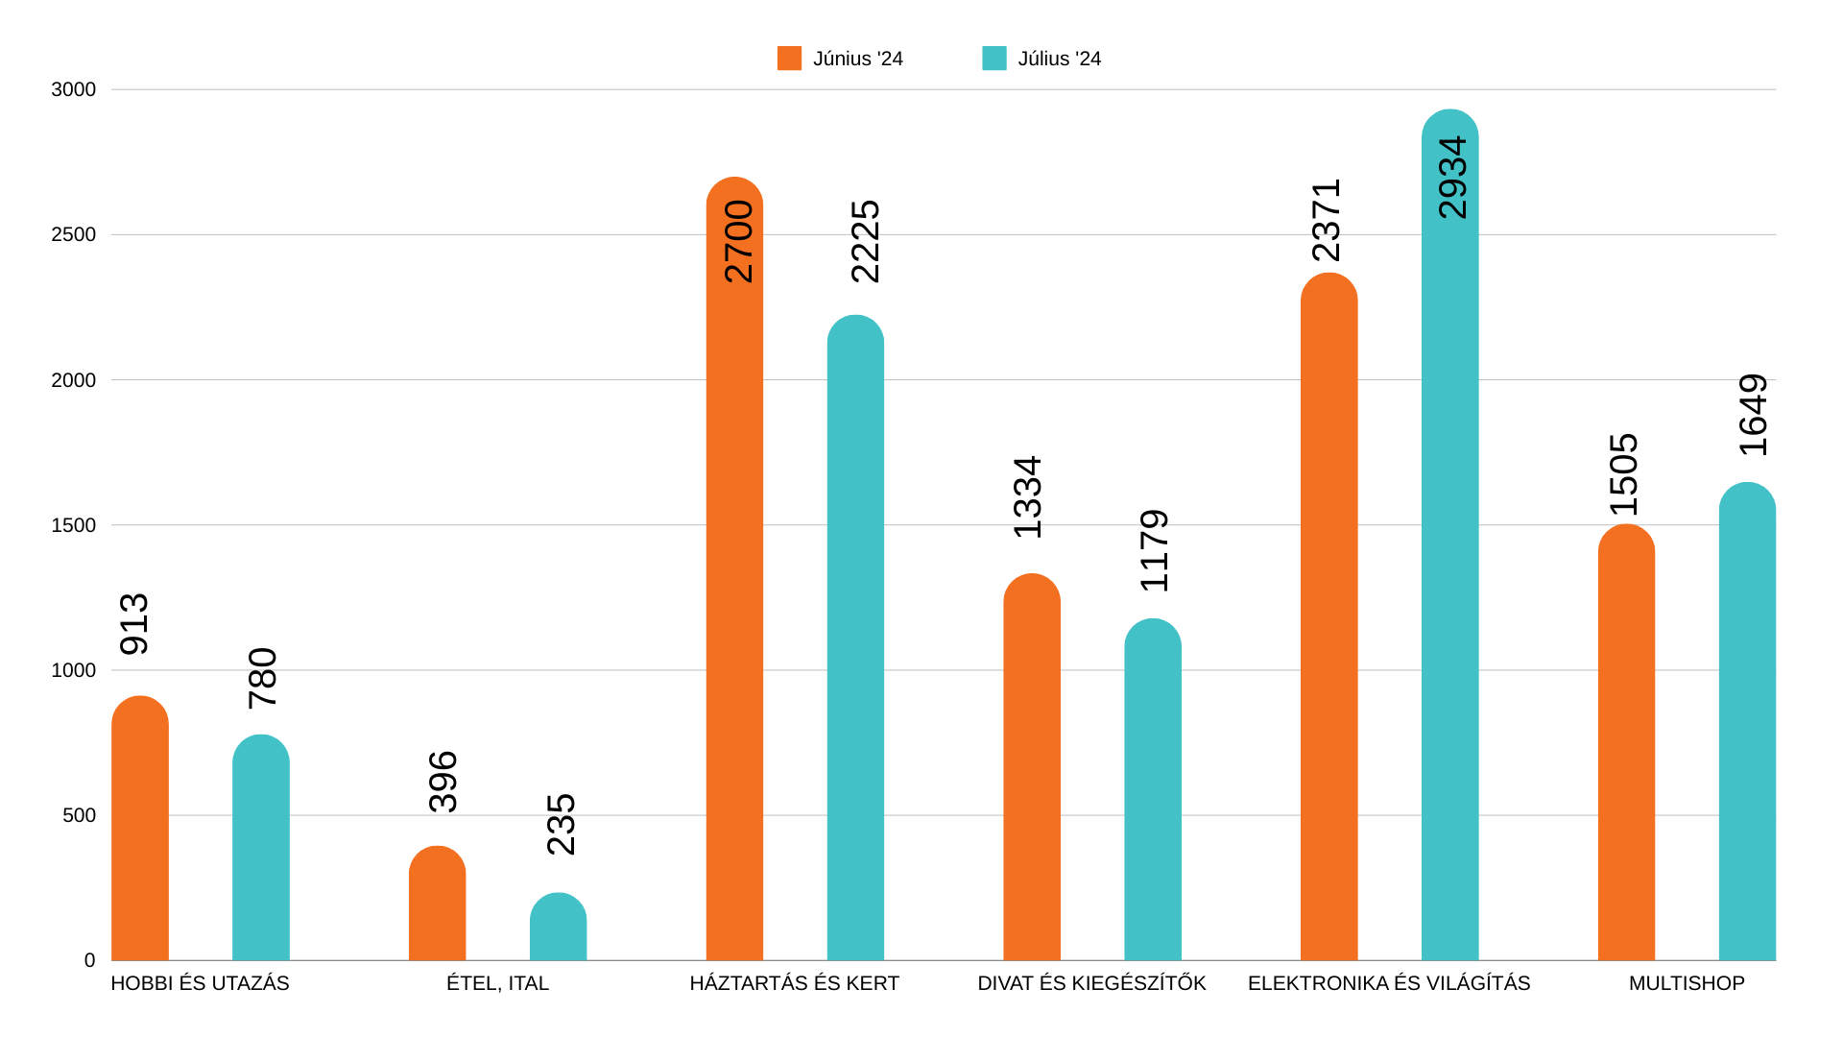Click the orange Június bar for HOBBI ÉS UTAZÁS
[140, 831]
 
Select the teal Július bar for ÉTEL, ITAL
[558, 928]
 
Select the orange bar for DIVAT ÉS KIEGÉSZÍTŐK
[1032, 768]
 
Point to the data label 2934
[1452, 178]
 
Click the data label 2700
[738, 241]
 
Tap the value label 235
[561, 824]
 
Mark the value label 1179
[1154, 550]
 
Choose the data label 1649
[1753, 415]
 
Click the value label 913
[134, 624]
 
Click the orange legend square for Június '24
[789, 59]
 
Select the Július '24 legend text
[1059, 59]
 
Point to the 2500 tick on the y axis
[74, 234]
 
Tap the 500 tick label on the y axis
[79, 815]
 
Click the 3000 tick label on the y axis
[74, 89]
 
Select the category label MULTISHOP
[1687, 983]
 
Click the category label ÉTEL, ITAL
[497, 983]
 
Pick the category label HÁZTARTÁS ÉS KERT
[794, 983]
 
